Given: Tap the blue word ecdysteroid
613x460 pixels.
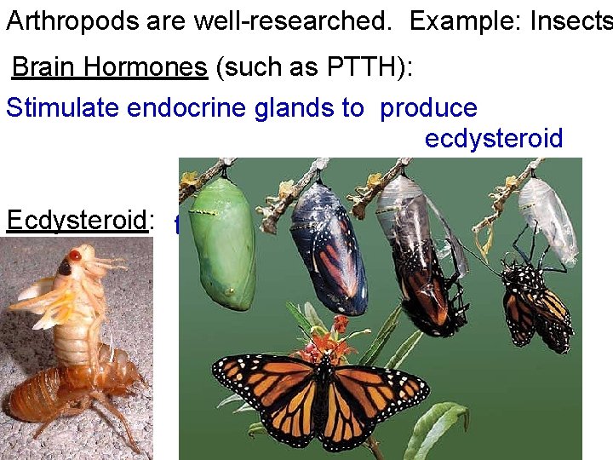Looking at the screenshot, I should [x=494, y=139].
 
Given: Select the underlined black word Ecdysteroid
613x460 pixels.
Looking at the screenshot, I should [x=77, y=221].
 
